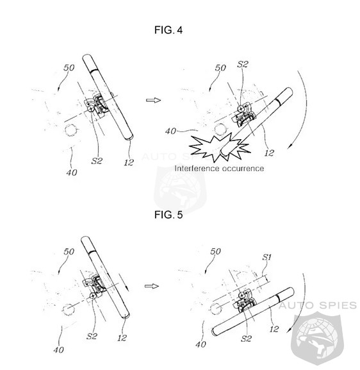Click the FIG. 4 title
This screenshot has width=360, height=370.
tap(168, 30)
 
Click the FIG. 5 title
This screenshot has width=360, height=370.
tap(168, 215)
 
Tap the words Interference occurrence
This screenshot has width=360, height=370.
tap(219, 168)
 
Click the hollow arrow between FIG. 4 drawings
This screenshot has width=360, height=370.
tap(153, 100)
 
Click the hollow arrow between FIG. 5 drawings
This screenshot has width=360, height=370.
tap(152, 286)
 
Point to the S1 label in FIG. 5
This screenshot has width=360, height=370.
tap(267, 257)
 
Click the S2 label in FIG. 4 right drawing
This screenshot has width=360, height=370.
tap(243, 64)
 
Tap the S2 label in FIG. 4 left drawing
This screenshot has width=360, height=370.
tap(97, 161)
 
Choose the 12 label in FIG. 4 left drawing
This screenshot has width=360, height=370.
tap(129, 162)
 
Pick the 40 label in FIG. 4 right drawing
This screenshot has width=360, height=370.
tap(170, 131)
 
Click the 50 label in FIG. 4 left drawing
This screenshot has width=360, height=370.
tap(69, 68)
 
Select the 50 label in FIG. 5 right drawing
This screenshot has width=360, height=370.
tap(215, 251)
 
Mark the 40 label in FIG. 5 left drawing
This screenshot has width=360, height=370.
tap(58, 349)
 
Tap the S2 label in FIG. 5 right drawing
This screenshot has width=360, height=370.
tap(246, 339)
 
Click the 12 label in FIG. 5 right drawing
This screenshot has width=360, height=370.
tap(274, 329)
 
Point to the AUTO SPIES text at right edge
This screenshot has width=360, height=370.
tap(318, 305)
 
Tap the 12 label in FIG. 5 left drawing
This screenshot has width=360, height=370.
tap(122, 338)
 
